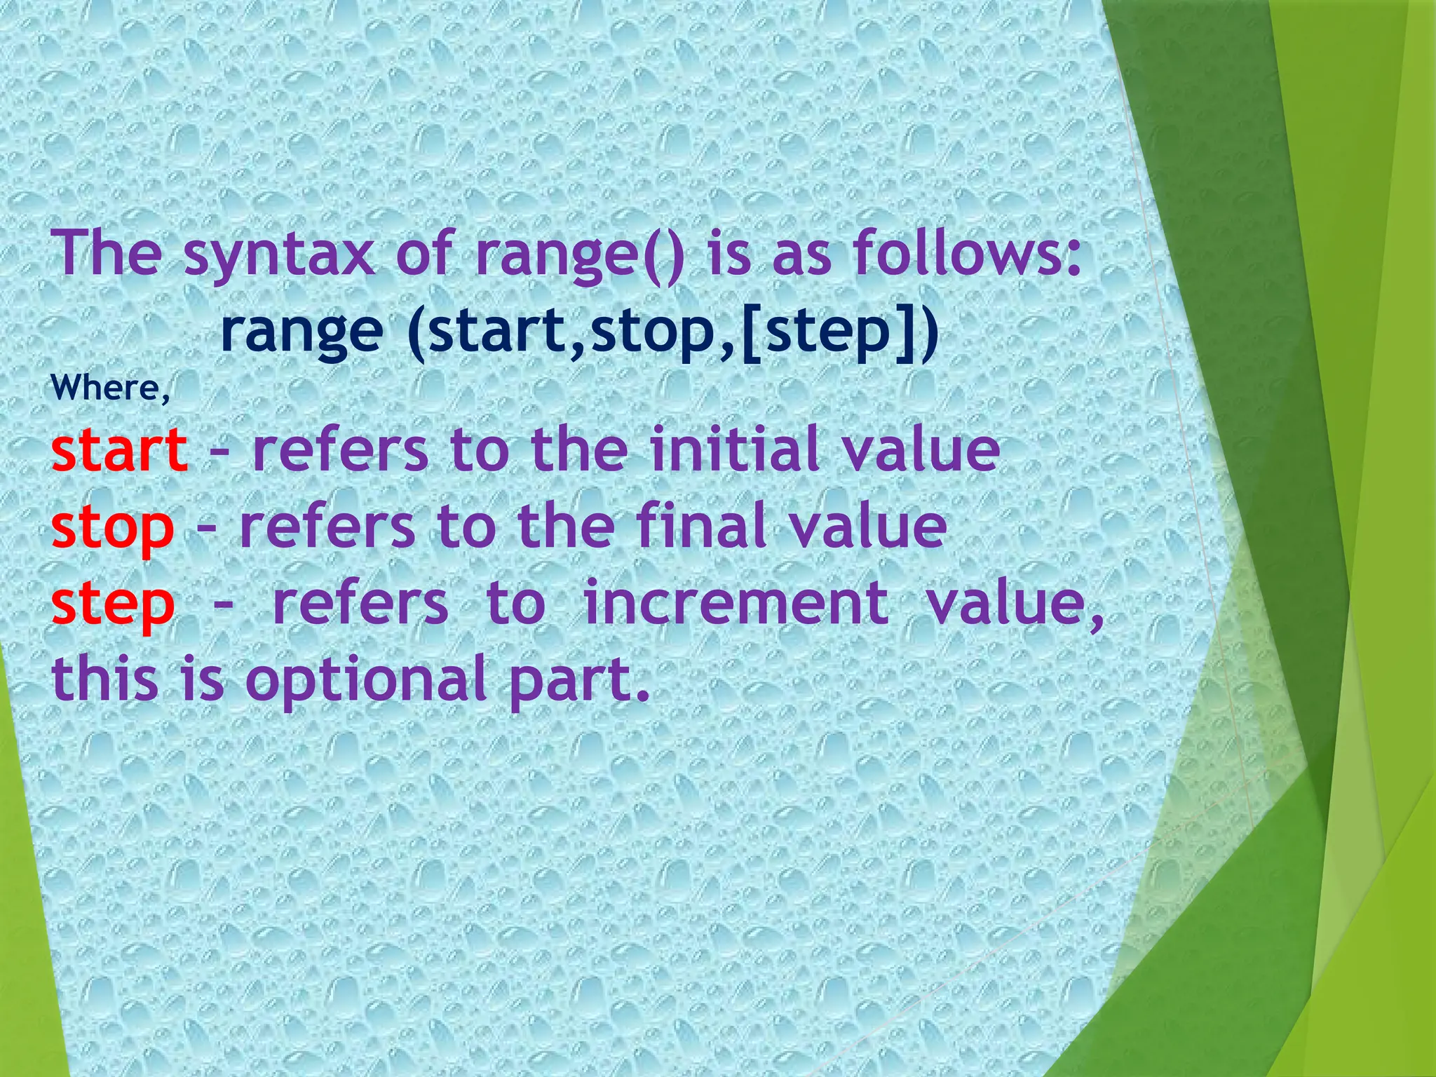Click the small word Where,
tap(111, 388)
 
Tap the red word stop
tap(112, 527)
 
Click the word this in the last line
tap(105, 679)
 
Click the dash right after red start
tap(219, 450)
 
